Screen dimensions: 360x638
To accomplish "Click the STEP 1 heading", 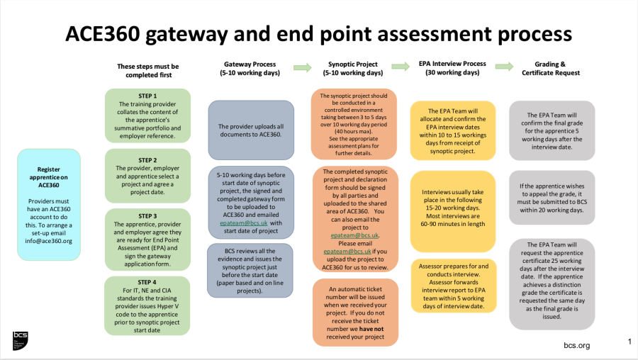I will click(147, 96).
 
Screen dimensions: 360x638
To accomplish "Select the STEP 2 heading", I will click(147, 160).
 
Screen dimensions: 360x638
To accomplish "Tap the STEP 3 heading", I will click(147, 215).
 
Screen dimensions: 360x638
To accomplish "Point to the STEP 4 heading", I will click(147, 282).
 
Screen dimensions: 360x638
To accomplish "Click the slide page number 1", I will click(629, 342).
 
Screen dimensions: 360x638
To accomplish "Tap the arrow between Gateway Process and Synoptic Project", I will click(303, 67).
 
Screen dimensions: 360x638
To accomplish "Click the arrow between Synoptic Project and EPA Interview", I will click(400, 67).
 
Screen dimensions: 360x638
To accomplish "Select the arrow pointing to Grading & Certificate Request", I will click(504, 67).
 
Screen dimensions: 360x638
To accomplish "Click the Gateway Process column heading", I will click(250, 68).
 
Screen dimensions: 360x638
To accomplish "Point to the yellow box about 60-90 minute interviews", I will click(452, 208).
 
